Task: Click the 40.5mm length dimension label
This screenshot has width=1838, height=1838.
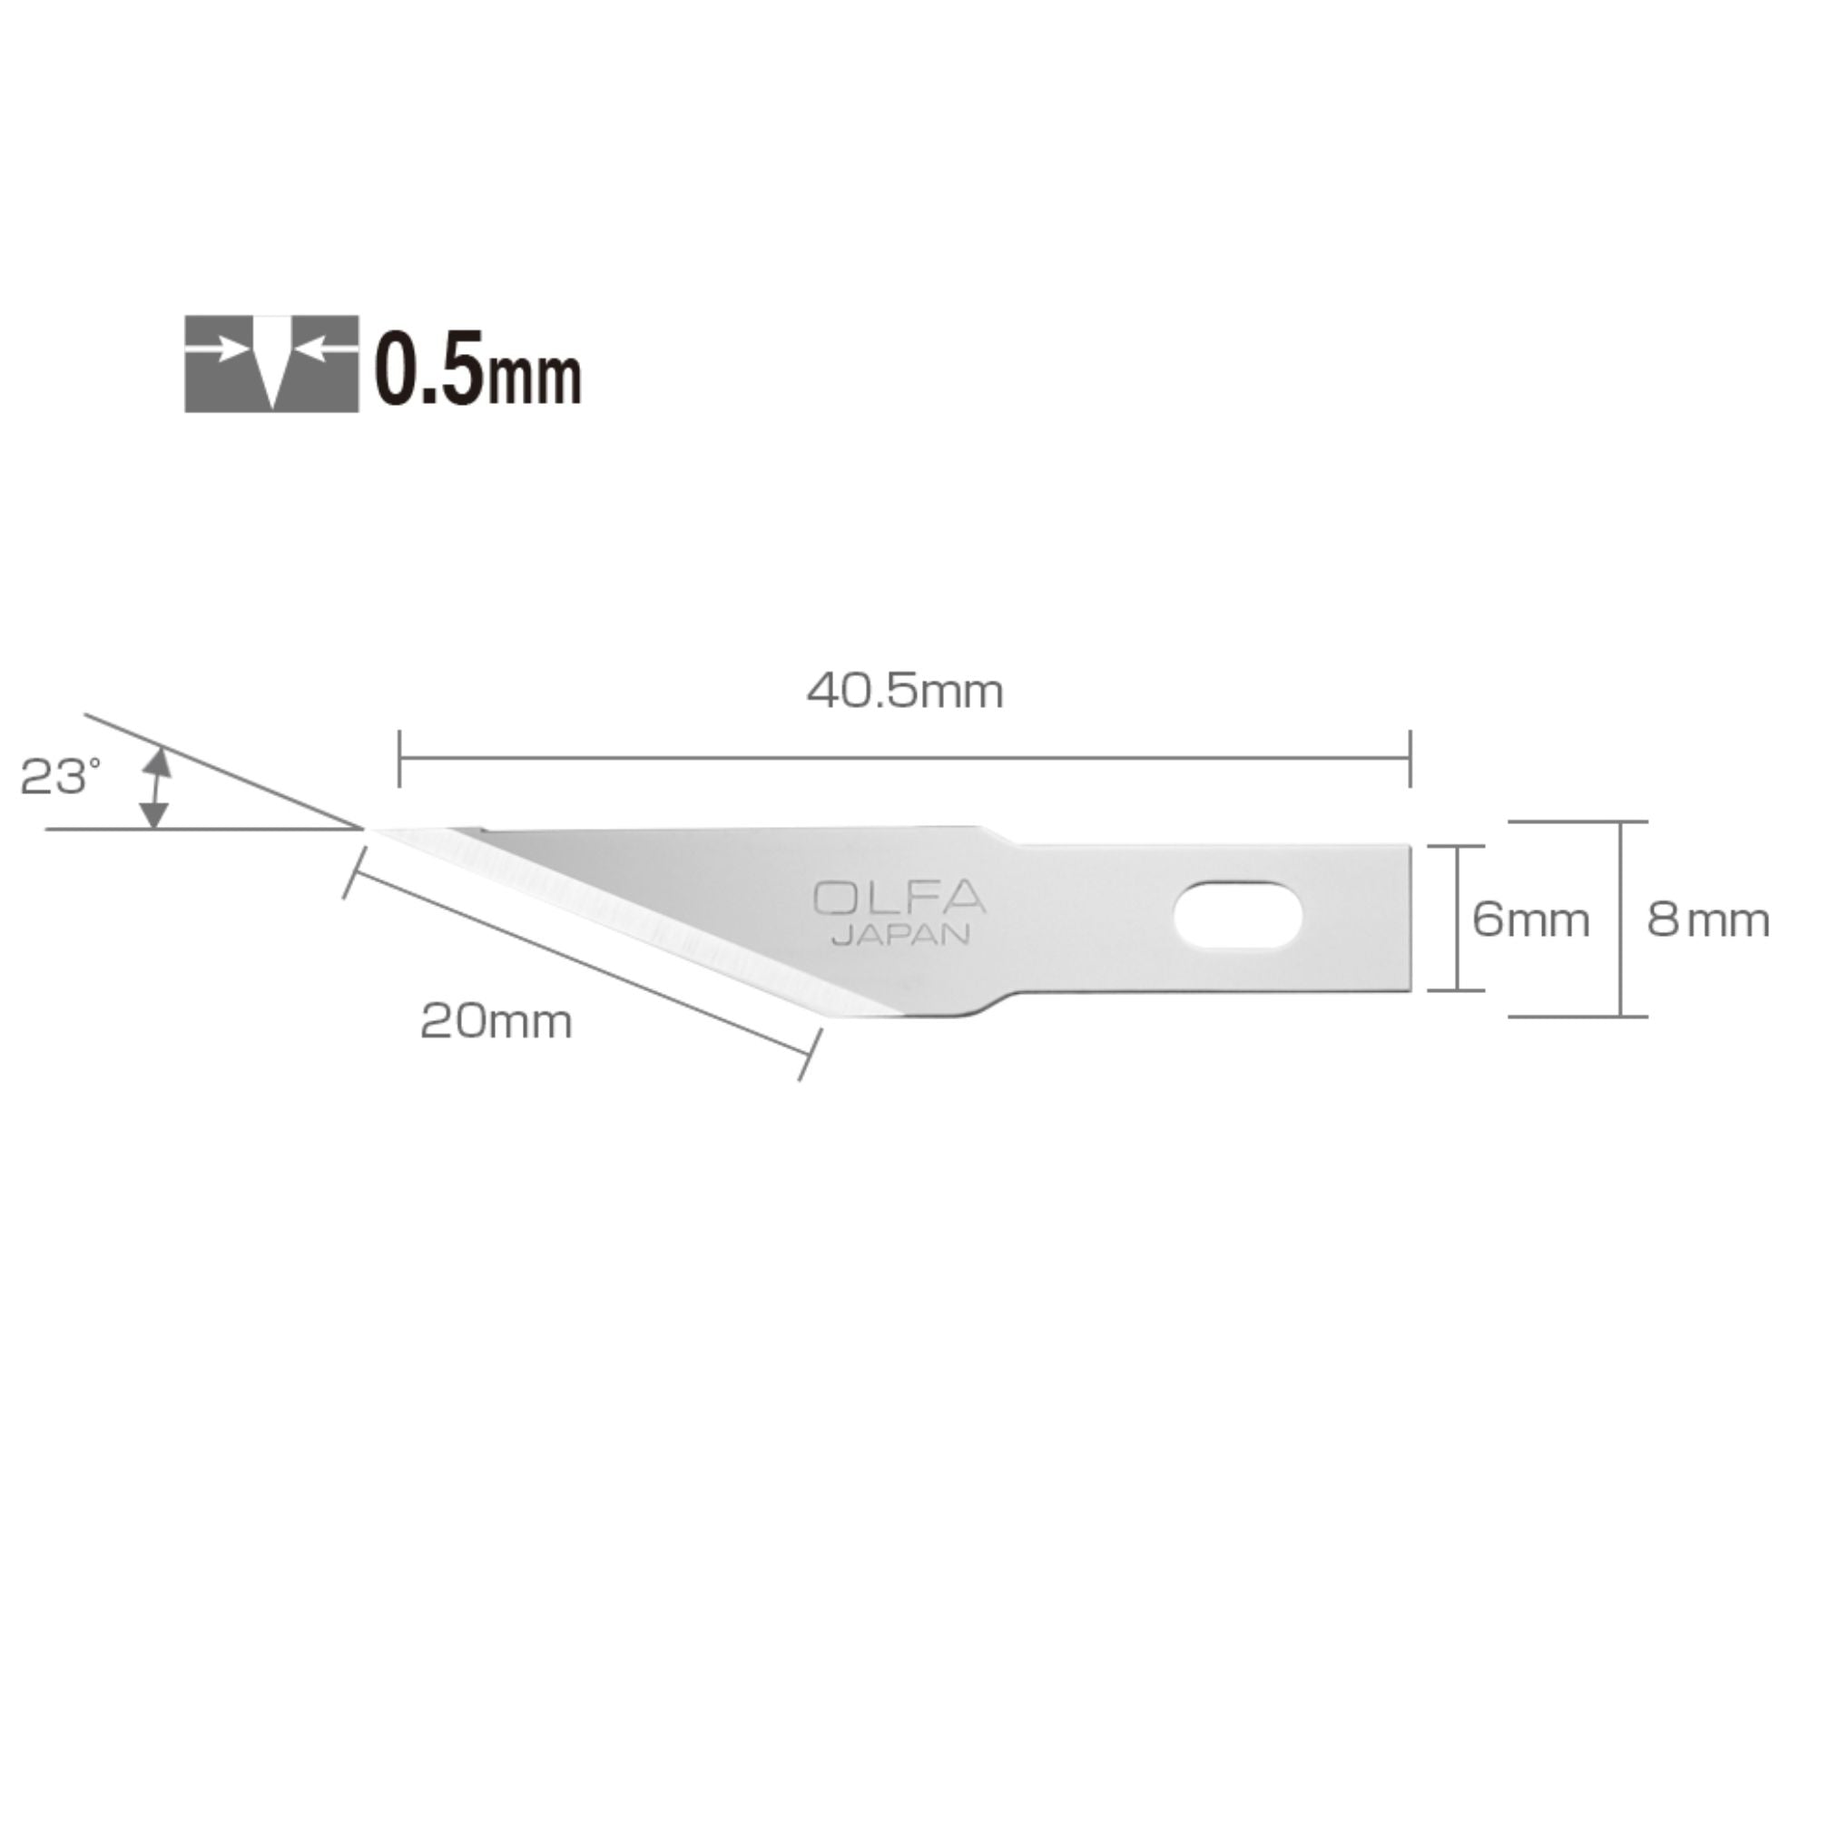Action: pos(905,692)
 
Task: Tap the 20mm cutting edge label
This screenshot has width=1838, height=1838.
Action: pos(496,1023)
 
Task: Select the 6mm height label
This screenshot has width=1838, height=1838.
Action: pos(1530,920)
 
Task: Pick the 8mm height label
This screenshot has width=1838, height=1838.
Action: pos(1708,920)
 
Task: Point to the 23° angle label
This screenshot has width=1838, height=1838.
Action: pos(60,777)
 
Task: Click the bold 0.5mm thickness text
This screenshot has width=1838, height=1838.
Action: pos(477,369)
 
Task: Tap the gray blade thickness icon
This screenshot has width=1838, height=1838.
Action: pos(272,363)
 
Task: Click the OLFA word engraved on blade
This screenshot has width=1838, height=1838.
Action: pos(899,899)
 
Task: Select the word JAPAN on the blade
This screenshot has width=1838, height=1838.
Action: pos(901,935)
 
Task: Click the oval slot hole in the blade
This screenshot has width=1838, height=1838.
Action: pos(1238,915)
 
